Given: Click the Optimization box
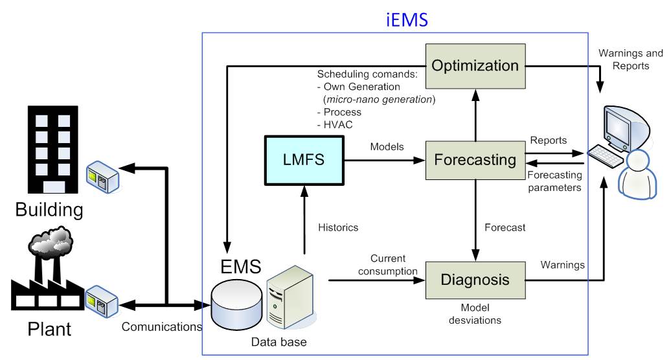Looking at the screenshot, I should point(475,66).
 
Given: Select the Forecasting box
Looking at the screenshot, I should point(475,159).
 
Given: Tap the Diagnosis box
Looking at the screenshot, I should point(475,280).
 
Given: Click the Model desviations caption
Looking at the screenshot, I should point(475,313).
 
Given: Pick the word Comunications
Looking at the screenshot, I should point(161,328).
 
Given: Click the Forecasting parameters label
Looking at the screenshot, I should point(554,180).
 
